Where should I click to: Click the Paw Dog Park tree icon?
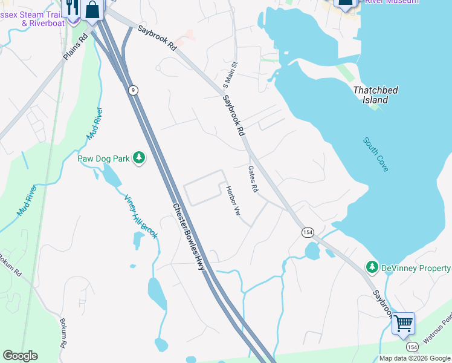pos(140,159)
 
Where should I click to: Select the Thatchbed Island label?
pos(375,95)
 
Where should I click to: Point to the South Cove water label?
pos(376,154)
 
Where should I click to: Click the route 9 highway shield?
pos(133,90)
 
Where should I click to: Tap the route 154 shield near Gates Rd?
pos(308,232)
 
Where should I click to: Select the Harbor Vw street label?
pos(233,201)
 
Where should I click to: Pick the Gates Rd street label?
pos(253,180)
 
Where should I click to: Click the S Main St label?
pos(231,72)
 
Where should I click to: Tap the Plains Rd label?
pos(75,46)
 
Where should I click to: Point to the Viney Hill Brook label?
pos(140,216)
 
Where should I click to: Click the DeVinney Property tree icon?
pos(372,267)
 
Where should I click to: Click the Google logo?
pos(20,356)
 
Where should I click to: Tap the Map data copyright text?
pos(415,358)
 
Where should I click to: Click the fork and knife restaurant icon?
pos(72,8)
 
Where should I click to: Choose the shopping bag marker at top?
pos(93,9)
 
